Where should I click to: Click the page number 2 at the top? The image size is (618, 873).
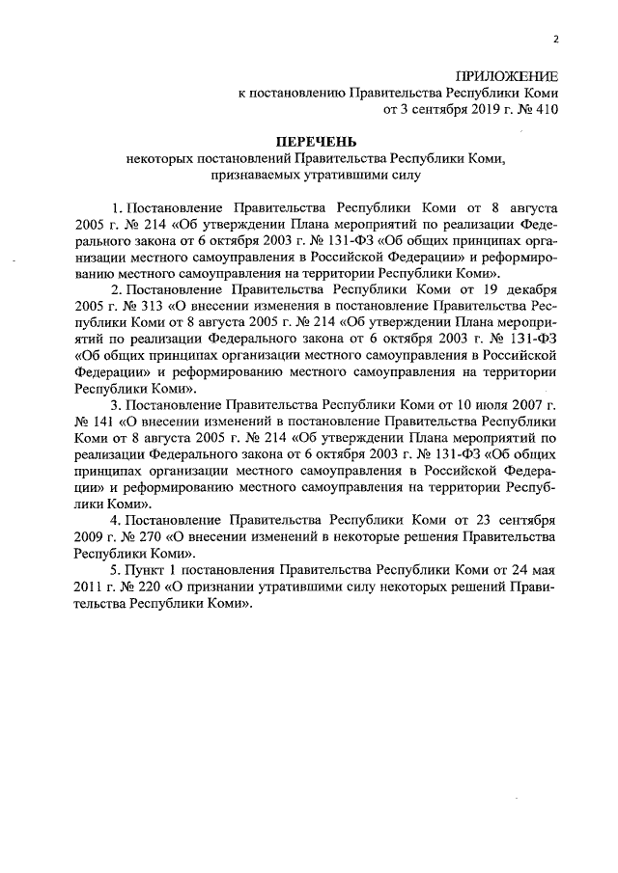pyautogui.click(x=555, y=39)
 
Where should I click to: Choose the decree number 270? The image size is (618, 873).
pyautogui.click(x=144, y=536)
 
